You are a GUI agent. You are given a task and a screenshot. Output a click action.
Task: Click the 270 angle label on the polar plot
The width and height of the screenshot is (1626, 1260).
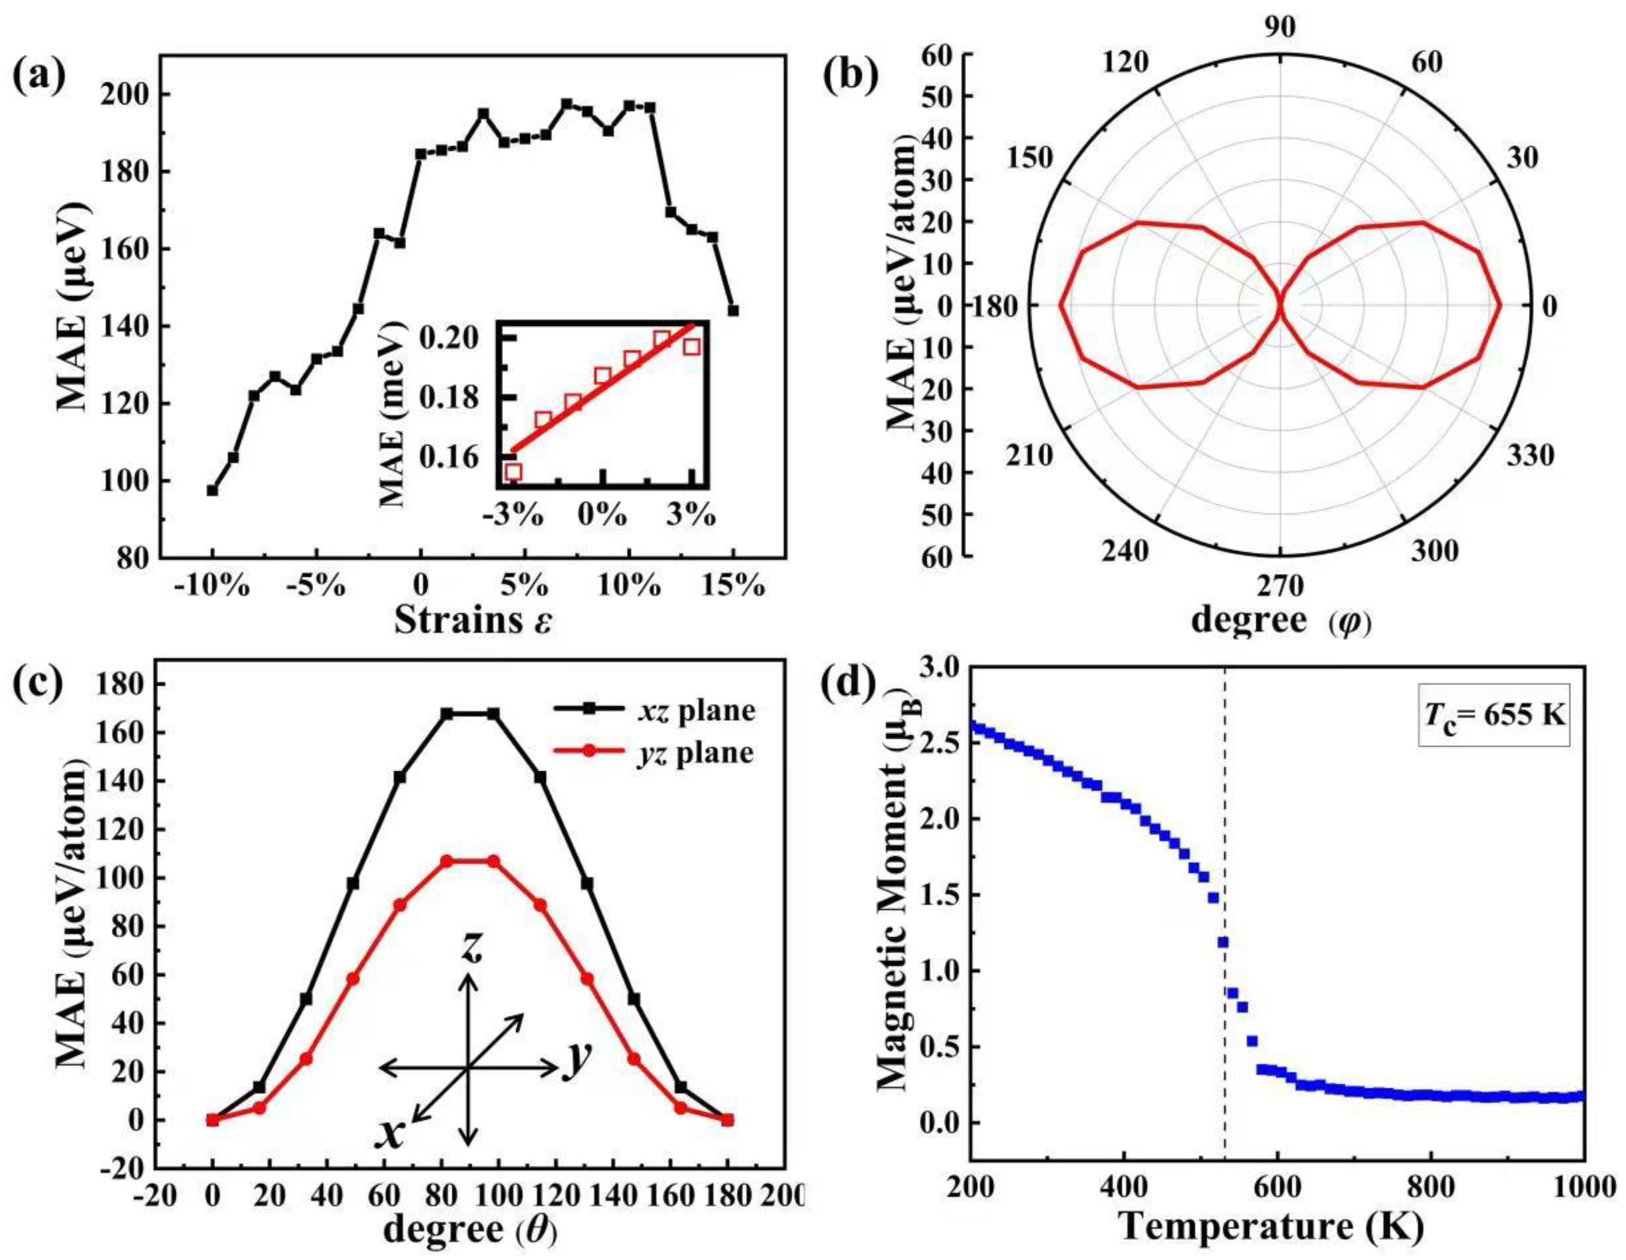(x=1281, y=587)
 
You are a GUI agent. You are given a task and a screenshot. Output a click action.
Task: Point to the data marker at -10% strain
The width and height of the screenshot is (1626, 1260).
(x=212, y=491)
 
